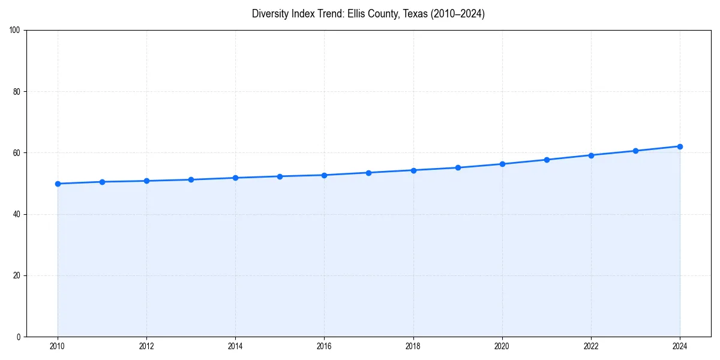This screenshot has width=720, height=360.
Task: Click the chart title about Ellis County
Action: point(368,14)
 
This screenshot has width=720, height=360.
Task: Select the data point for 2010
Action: point(58,184)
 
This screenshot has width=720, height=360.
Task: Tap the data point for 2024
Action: point(680,146)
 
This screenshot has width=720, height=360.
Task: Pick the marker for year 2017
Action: point(368,173)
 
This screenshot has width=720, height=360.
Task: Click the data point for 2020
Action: point(502,164)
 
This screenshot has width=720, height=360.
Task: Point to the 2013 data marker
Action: point(191,179)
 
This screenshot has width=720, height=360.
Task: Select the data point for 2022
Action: point(591,155)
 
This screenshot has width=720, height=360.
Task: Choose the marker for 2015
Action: point(280,176)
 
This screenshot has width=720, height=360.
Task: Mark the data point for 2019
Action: point(458,167)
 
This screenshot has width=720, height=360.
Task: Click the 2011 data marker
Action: point(102,182)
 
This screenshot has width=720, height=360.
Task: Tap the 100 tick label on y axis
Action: point(15,31)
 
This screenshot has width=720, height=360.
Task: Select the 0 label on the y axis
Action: point(19,337)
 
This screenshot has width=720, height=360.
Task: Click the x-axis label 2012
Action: point(146,346)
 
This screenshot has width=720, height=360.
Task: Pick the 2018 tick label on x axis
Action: point(413,346)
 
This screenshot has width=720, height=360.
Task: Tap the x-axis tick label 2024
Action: point(680,346)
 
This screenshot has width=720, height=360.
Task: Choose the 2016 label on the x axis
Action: point(324,346)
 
